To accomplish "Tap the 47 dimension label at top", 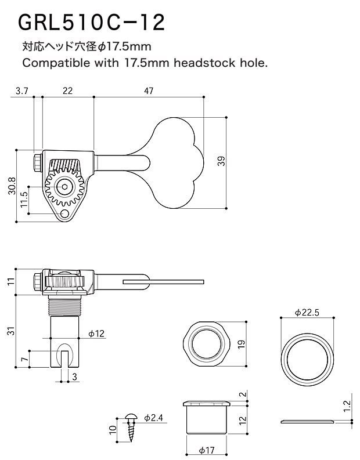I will coord(149,90).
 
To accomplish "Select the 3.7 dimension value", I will coord(22,90).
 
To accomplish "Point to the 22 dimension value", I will coord(67,90).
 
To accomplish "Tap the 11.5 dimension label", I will coord(24,200).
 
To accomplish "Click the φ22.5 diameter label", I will coord(307,312).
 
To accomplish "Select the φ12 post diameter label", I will coord(96,334).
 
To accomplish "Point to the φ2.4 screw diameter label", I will coord(153,418).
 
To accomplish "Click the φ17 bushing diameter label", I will coord(207,450).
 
